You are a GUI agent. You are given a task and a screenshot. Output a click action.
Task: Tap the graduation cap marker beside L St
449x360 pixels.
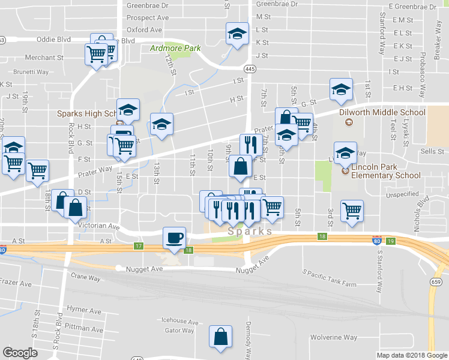tap(237, 34)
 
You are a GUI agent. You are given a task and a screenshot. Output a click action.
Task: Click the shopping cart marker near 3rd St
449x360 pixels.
tap(351, 211)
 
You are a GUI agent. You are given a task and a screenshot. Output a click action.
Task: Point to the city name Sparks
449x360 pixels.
tap(250, 231)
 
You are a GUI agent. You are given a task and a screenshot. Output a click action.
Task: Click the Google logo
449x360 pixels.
tap(20, 353)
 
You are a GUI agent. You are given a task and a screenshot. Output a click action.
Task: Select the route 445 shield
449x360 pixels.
tap(250, 70)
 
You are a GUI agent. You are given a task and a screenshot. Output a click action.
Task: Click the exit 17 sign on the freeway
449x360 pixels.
tap(139, 246)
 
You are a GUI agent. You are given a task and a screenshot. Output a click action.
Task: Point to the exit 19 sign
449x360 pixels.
tap(391, 241)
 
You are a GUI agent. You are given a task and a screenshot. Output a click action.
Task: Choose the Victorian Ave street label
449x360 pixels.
tap(99, 226)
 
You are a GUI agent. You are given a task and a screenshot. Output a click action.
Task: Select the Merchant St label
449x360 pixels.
tap(44, 58)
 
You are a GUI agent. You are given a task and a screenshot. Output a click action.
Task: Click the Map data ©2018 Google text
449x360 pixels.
tap(412, 355)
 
